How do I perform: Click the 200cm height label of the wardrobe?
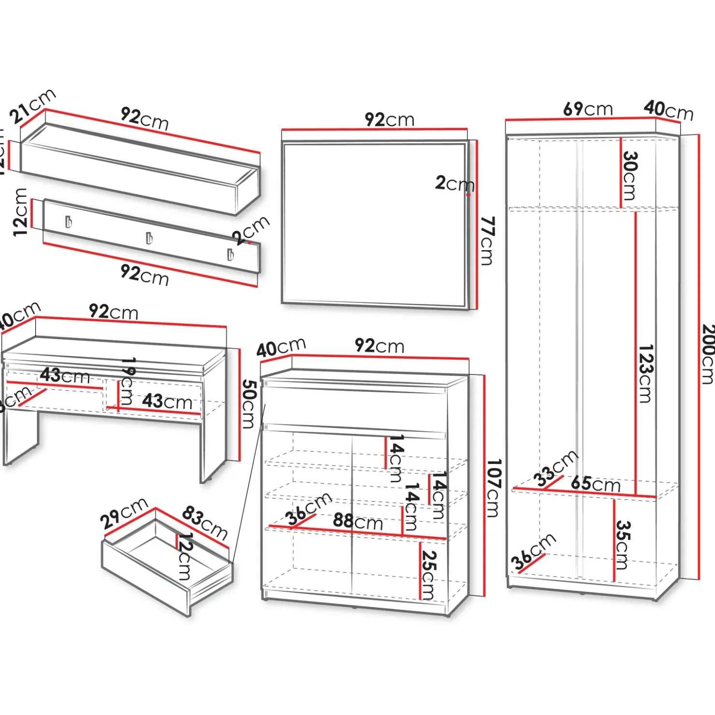click(x=707, y=354)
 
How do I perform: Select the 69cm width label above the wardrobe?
click(x=587, y=109)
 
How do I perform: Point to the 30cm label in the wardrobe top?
click(x=629, y=176)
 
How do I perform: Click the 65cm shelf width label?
click(x=596, y=484)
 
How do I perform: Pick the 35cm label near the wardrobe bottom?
click(x=623, y=544)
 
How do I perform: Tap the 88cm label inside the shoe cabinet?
click(x=357, y=521)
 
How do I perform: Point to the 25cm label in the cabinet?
click(x=428, y=575)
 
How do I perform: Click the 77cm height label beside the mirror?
click(x=487, y=241)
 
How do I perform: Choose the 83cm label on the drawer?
click(x=205, y=523)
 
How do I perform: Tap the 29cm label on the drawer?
click(x=124, y=514)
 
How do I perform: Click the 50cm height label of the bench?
click(x=248, y=404)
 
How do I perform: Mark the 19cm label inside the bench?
click(x=127, y=381)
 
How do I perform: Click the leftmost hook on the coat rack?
click(x=69, y=222)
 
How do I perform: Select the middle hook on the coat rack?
click(x=149, y=238)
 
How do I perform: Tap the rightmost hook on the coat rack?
click(x=231, y=254)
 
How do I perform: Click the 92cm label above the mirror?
click(x=389, y=119)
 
